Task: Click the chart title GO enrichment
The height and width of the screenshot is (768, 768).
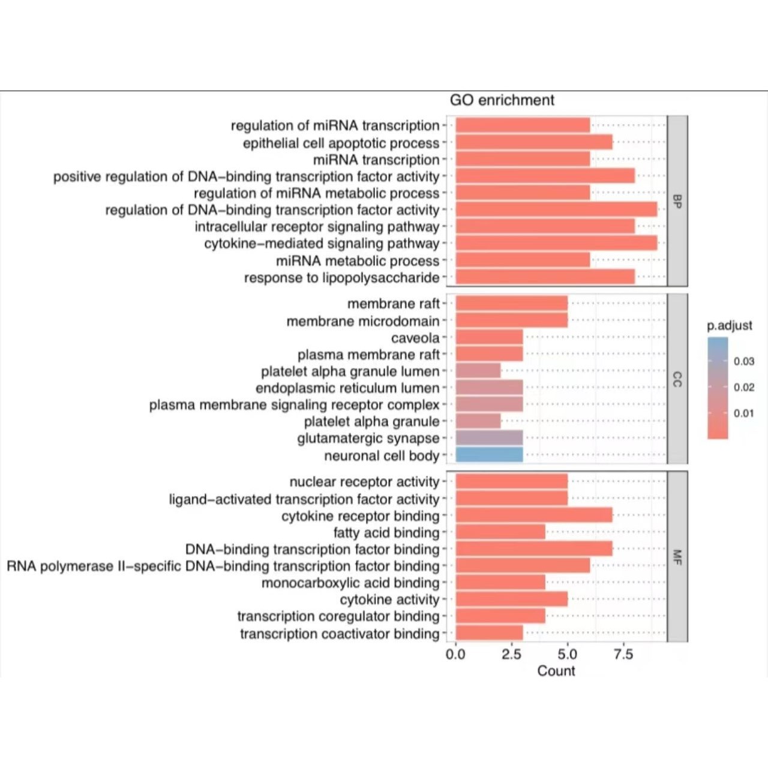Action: pos(502,100)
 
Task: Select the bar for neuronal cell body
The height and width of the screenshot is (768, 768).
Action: pos(489,455)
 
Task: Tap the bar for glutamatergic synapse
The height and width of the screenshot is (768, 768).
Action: pos(489,438)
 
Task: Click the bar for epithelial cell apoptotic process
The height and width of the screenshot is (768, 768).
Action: pos(534,142)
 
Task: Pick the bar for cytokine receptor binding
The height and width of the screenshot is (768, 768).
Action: pos(534,515)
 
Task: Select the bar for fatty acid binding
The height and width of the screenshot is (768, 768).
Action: pos(500,532)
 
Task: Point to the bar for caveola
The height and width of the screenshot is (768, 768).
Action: pos(489,337)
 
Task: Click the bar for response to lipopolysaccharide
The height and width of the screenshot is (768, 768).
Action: pos(545,277)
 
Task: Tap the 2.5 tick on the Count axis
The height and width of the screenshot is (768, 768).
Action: pos(511,654)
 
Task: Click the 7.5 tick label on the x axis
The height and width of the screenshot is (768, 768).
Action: pos(623,654)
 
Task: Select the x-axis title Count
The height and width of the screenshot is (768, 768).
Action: pos(556,671)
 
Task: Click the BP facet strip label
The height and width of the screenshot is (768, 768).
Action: pos(677,201)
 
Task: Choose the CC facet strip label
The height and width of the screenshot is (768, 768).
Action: pos(677,379)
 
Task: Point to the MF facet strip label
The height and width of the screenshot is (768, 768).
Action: pos(677,557)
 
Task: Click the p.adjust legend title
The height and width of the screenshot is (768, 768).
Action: pos(729,326)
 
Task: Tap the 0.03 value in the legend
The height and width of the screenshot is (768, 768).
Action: pos(743,361)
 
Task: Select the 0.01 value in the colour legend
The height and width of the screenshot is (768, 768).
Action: pos(743,413)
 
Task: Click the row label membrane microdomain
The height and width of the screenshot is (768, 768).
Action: pos(363,322)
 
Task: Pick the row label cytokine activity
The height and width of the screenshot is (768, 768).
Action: pos(389,599)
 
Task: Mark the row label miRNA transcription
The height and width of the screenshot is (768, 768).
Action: pos(376,160)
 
